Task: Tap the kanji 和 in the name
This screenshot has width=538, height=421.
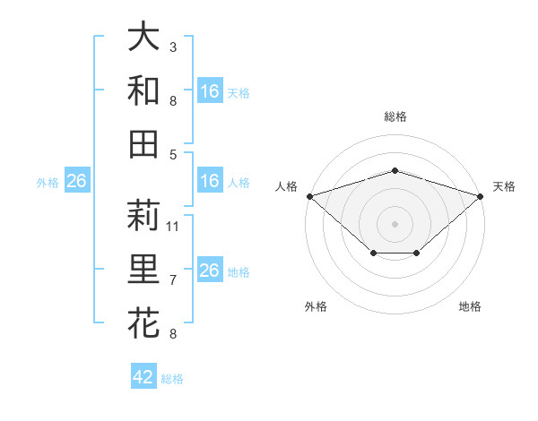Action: point(143,90)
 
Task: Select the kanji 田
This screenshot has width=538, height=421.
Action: point(143,143)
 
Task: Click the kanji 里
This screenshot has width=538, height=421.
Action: point(143,269)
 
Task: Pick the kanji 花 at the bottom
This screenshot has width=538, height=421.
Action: point(143,322)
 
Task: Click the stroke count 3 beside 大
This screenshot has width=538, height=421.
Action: point(173,47)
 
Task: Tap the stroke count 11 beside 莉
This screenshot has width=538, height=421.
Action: point(173,226)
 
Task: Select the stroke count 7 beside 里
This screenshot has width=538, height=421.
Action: point(173,280)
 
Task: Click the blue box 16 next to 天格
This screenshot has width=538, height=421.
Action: point(210,91)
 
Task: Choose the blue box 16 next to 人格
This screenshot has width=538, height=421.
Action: point(210,182)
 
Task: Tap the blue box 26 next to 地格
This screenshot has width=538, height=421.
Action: point(210,271)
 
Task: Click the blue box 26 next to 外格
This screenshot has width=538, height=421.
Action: point(77,182)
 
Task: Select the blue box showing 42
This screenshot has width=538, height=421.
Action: point(143,377)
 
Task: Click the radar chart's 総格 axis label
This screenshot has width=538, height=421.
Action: point(395,116)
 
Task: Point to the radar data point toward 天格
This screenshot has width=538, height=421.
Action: point(481,195)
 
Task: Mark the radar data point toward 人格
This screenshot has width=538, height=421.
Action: point(309,195)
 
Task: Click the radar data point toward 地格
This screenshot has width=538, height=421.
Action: point(417,253)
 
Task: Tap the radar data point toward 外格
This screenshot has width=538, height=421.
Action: point(373,253)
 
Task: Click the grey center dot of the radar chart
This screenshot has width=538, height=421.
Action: point(395,223)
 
